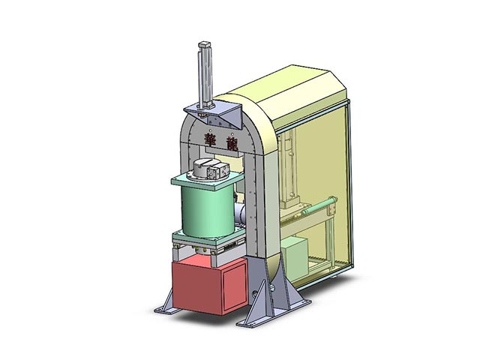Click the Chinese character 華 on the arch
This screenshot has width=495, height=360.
(210, 139)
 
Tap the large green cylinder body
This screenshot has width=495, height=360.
(208, 210)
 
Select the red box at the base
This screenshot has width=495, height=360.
(209, 285)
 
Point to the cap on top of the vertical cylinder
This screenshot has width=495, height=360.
(204, 44)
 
